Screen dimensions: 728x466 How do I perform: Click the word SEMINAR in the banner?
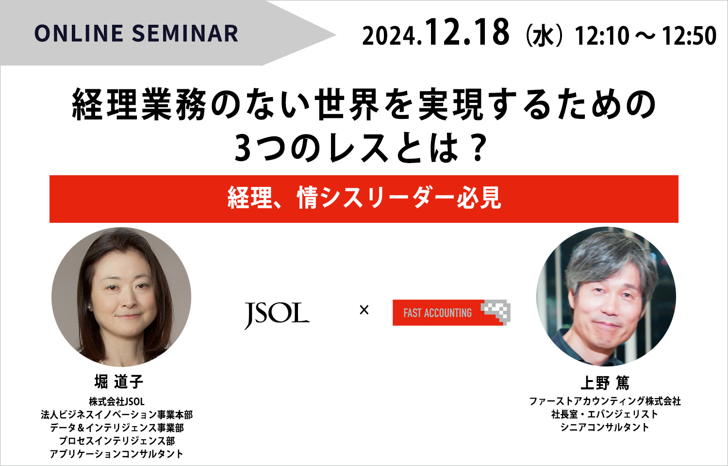pos(185,33)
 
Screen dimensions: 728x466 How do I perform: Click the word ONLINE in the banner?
pos(79,33)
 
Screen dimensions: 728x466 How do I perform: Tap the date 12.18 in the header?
pos(467,32)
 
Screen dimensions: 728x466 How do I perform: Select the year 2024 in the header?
pos(390,36)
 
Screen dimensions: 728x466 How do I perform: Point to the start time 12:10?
pos(602,36)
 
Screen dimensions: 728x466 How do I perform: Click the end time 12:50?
pos(689,36)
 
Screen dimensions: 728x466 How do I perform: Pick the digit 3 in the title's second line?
pos(243,148)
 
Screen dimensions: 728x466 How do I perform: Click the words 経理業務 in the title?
pos(139,105)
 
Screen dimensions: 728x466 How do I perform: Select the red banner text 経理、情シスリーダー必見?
pos(364,198)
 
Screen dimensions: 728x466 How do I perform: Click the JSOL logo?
pos(277,315)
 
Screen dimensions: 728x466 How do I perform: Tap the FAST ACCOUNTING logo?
pos(451,312)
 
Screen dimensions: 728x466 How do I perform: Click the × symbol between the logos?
pos(364,310)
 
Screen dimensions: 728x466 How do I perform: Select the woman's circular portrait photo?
pos(121,297)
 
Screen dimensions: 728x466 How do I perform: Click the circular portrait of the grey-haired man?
pos(606,297)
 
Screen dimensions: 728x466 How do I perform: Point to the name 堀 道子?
pos(118,382)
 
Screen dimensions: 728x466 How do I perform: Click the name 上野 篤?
pos(605,383)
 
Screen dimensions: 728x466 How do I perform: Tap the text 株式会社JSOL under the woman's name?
pos(116,401)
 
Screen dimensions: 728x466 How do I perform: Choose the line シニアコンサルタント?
pos(605,427)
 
